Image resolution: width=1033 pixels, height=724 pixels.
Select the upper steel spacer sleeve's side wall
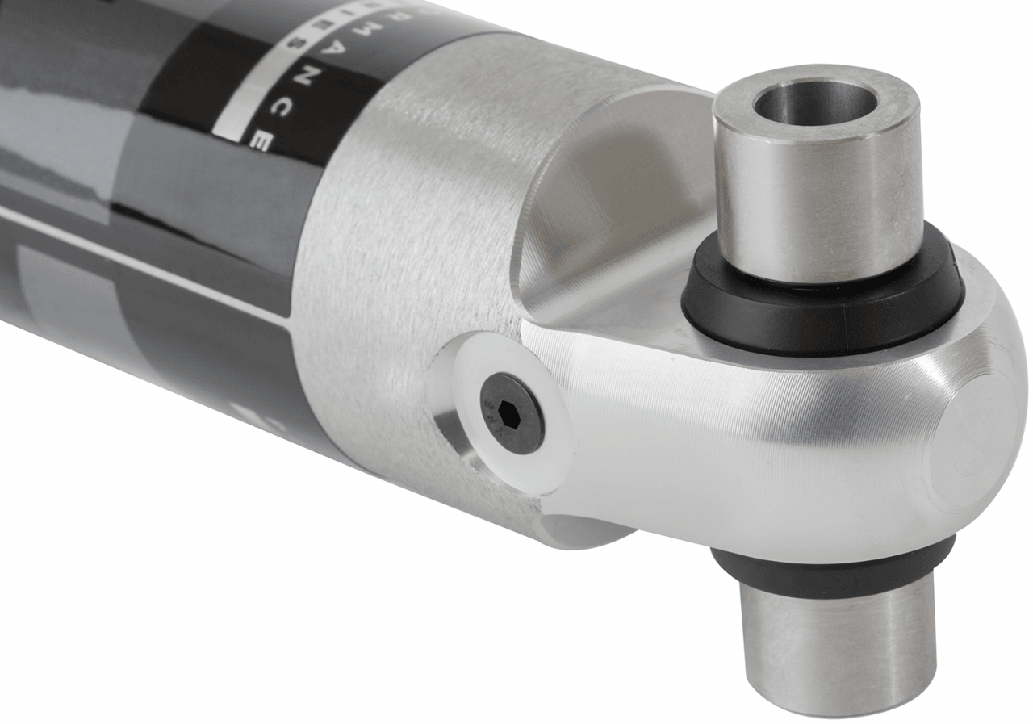click(815, 210)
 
